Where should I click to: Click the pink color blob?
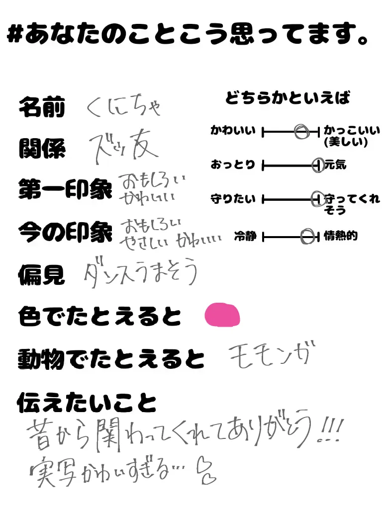(222, 315)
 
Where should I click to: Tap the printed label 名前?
(42, 107)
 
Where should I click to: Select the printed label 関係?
(42, 148)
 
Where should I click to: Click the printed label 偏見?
(42, 274)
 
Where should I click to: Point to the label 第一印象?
(65, 189)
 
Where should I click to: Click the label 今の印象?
(65, 232)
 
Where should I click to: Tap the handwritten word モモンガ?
(272, 355)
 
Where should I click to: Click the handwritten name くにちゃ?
(124, 106)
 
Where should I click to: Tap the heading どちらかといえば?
(287, 98)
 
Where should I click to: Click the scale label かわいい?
(233, 131)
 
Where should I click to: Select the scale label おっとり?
(233, 165)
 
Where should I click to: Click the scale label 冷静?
(245, 237)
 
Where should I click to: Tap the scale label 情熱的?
(340, 236)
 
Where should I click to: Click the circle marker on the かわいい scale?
(300, 132)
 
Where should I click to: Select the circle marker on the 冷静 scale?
(308, 237)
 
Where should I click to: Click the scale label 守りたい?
(233, 199)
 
